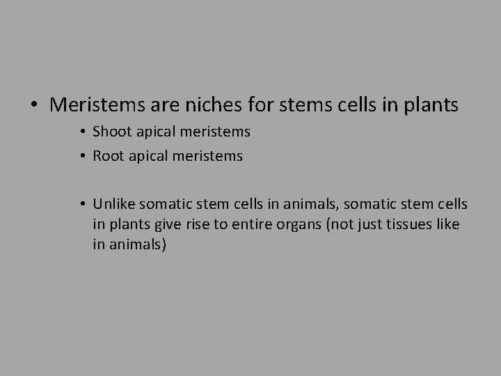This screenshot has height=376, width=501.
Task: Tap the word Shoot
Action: pyautogui.click(x=111, y=132)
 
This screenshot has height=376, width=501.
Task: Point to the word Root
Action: pyautogui.click(x=108, y=156)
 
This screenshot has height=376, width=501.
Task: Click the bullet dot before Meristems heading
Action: pyautogui.click(x=33, y=106)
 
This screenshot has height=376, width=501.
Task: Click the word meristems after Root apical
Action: pyautogui.click(x=208, y=156)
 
